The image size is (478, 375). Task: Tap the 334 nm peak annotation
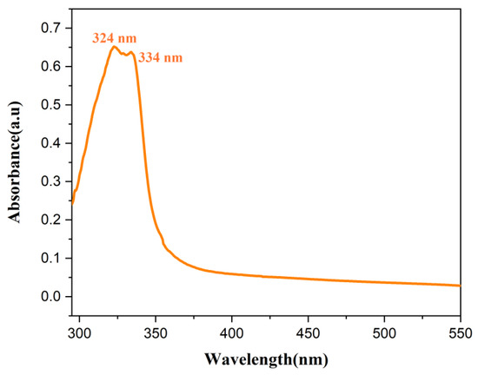[161, 58]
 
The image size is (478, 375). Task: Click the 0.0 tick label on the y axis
[53, 297]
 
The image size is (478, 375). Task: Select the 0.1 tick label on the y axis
[53, 259]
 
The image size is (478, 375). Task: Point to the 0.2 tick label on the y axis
[53, 220]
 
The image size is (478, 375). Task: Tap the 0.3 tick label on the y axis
[53, 181]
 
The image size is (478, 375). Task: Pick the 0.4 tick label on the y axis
[53, 143]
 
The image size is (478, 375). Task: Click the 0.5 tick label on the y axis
[53, 105]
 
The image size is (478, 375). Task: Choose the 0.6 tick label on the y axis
[53, 67]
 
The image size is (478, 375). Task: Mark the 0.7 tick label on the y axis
[53, 29]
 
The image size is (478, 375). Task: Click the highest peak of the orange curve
[113, 47]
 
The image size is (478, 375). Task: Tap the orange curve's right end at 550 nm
[459, 286]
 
